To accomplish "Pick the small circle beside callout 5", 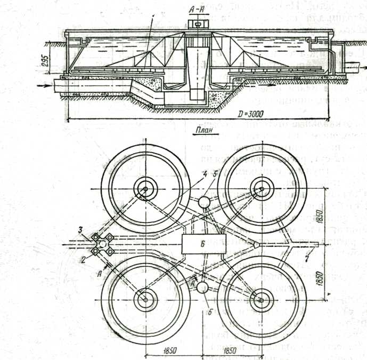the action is pyautogui.click(x=203, y=203).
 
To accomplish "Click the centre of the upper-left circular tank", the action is pyautogui.click(x=143, y=188).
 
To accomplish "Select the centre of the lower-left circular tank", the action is pyautogui.click(x=143, y=300).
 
